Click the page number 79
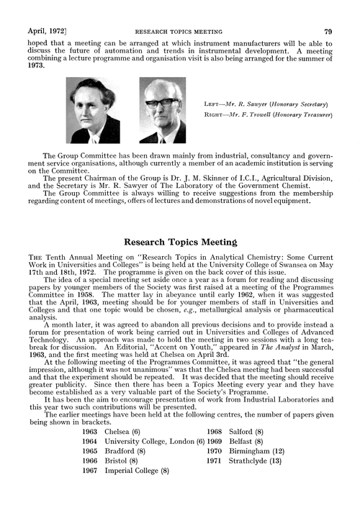328,12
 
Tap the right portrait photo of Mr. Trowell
162,110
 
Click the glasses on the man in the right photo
159,102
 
